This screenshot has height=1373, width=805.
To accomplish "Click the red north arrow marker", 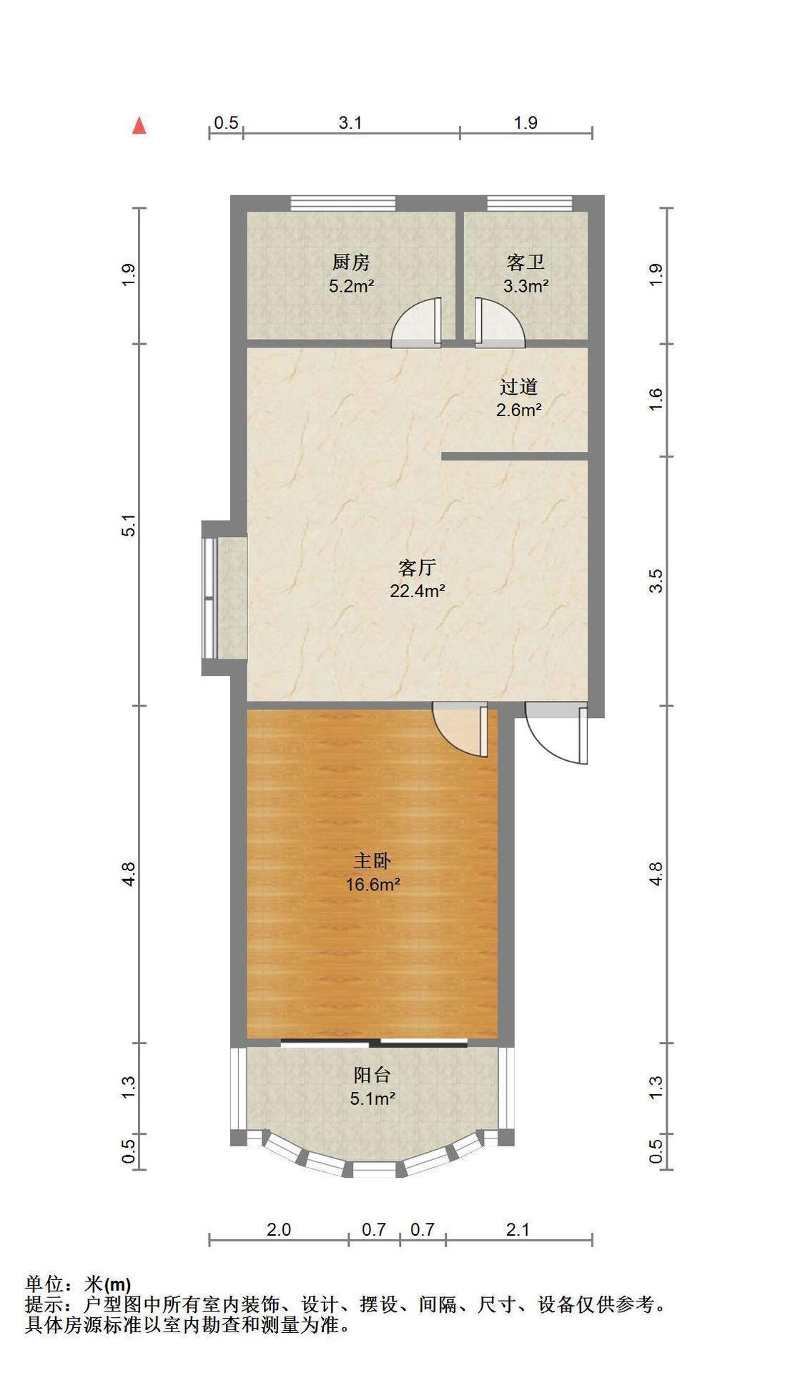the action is [x=139, y=126].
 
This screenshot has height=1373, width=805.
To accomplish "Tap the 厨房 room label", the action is [x=351, y=262].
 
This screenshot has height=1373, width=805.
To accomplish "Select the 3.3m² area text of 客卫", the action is [x=525, y=287].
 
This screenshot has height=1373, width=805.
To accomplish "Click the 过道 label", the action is [x=518, y=387].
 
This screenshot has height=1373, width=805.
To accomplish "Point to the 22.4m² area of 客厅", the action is [x=418, y=591].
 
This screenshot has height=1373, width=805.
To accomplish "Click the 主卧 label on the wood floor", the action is [x=372, y=860].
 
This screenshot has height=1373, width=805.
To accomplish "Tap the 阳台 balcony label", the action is [x=372, y=1075].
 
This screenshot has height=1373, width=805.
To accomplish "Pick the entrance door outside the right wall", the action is [x=556, y=733].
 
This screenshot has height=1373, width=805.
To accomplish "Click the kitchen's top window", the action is [x=343, y=203].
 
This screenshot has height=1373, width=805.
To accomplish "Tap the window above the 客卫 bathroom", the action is [x=530, y=203].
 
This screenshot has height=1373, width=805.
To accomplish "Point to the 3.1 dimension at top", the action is [x=350, y=123].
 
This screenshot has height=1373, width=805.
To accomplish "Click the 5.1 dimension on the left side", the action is [x=129, y=526].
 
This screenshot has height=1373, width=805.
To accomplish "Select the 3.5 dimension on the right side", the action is [x=656, y=581].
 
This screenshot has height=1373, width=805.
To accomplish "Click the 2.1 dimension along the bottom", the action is [x=518, y=1229].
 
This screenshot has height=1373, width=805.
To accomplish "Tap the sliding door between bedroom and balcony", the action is [x=374, y=1041].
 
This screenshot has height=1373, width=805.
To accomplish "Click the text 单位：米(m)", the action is [x=78, y=1284].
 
